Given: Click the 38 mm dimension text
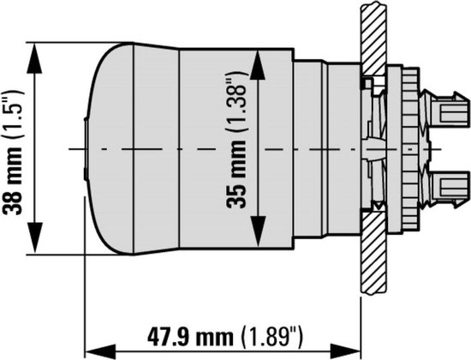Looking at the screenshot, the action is coord(13,180).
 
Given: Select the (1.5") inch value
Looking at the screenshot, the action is coord(14,114).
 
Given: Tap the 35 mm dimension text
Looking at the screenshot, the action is coord(236,173).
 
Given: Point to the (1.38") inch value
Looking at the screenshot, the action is coord(237,102).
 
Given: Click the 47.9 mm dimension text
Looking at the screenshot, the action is coord(190,337).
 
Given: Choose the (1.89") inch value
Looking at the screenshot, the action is coord(272,338).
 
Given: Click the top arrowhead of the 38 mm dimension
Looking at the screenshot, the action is coord(34,58).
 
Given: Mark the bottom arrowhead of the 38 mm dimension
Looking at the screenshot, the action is coord(34,237).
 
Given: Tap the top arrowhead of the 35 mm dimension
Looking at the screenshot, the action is coord(258,65).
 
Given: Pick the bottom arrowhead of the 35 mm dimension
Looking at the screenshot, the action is coord(258,231).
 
